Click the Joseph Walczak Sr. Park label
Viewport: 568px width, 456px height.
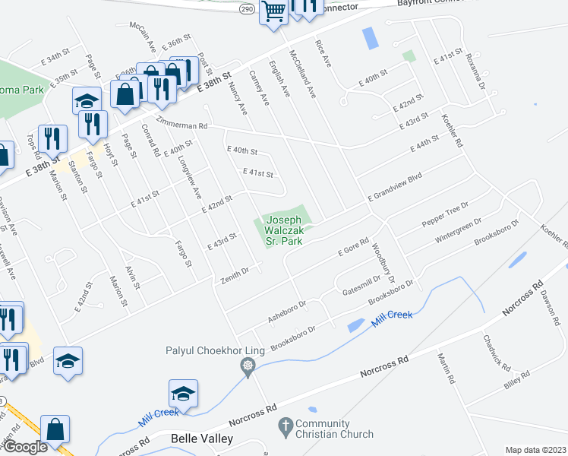tap(285, 231)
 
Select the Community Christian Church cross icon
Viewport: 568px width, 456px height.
tap(286, 425)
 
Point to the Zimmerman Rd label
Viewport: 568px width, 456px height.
tap(181, 124)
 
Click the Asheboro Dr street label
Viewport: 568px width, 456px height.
tap(286, 312)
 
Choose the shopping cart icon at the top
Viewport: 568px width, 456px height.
tap(273, 11)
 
